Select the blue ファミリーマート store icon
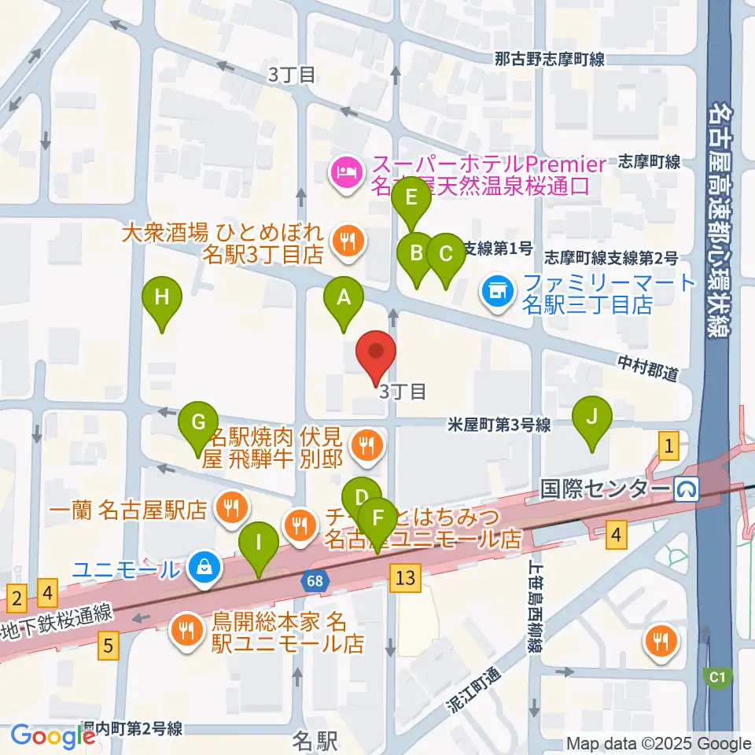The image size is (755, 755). tap(497, 293)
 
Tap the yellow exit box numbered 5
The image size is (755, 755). tap(109, 646)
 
